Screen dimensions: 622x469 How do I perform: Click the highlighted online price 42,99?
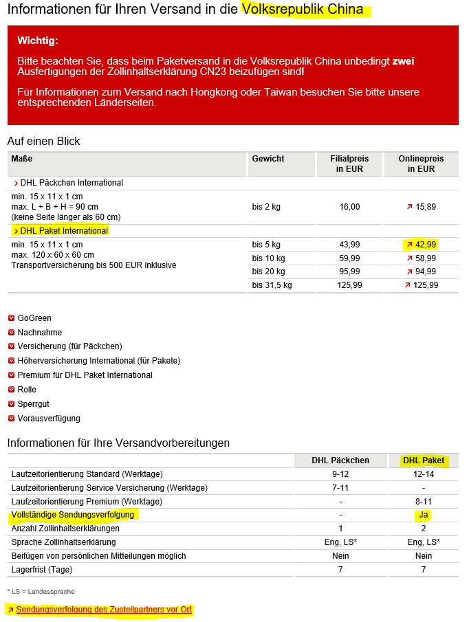pyautogui.click(x=425, y=245)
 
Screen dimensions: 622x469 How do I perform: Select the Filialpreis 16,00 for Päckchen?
pyautogui.click(x=349, y=207)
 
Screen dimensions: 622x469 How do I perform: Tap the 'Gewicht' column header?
pyautogui.click(x=268, y=159)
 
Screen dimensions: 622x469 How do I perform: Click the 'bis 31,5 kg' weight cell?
pyautogui.click(x=272, y=285)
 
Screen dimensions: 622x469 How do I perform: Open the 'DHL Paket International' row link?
pyautogui.click(x=64, y=231)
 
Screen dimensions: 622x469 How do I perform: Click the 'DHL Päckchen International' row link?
pyautogui.click(x=72, y=183)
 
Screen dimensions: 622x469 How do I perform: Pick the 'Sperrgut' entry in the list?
pyautogui.click(x=33, y=404)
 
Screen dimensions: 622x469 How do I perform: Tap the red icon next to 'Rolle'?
pyautogui.click(x=11, y=390)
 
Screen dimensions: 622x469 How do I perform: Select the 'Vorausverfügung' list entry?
pyautogui.click(x=49, y=419)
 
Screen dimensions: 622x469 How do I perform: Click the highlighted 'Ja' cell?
pyautogui.click(x=424, y=515)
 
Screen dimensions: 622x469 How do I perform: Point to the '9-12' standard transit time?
pyautogui.click(x=340, y=474)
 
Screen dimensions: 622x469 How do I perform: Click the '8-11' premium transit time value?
pyautogui.click(x=424, y=502)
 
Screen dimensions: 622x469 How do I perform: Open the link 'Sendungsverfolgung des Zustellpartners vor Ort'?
pyautogui.click(x=104, y=610)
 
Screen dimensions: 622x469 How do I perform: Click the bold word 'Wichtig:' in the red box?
pyautogui.click(x=38, y=41)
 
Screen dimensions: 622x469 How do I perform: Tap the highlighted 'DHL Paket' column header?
pyautogui.click(x=424, y=460)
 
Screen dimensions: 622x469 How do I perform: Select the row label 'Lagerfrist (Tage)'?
pyautogui.click(x=42, y=570)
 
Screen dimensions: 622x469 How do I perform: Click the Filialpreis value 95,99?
pyautogui.click(x=349, y=271)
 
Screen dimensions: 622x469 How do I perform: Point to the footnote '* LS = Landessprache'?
pyautogui.click(x=41, y=591)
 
